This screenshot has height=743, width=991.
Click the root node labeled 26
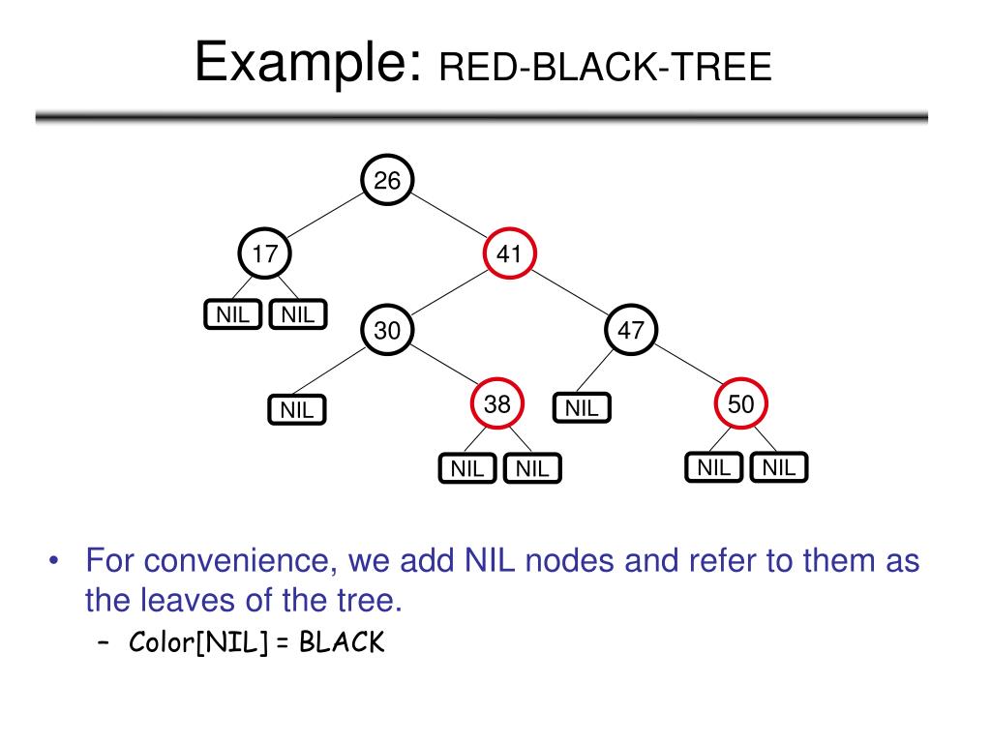[x=387, y=181]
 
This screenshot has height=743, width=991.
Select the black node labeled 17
[x=265, y=254]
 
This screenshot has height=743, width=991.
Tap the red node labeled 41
[x=510, y=254]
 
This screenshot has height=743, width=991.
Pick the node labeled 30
[x=387, y=331]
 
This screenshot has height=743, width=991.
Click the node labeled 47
[x=631, y=331]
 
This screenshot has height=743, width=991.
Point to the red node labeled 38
[x=497, y=405]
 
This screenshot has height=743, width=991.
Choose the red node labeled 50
[x=741, y=405]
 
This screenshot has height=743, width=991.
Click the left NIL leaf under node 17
[x=232, y=314]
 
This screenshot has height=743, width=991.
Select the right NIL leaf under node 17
[x=298, y=314]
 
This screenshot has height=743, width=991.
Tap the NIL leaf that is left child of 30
[x=297, y=410]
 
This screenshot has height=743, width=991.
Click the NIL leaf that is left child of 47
[x=583, y=408]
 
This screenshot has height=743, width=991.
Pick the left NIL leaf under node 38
[x=467, y=469]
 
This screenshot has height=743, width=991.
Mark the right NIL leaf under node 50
[x=779, y=468]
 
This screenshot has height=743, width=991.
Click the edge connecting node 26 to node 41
[x=450, y=219]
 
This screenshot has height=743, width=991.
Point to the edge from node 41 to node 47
[x=571, y=293]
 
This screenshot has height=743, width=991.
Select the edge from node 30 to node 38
[x=443, y=369]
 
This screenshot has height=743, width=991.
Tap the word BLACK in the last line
[x=342, y=643]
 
